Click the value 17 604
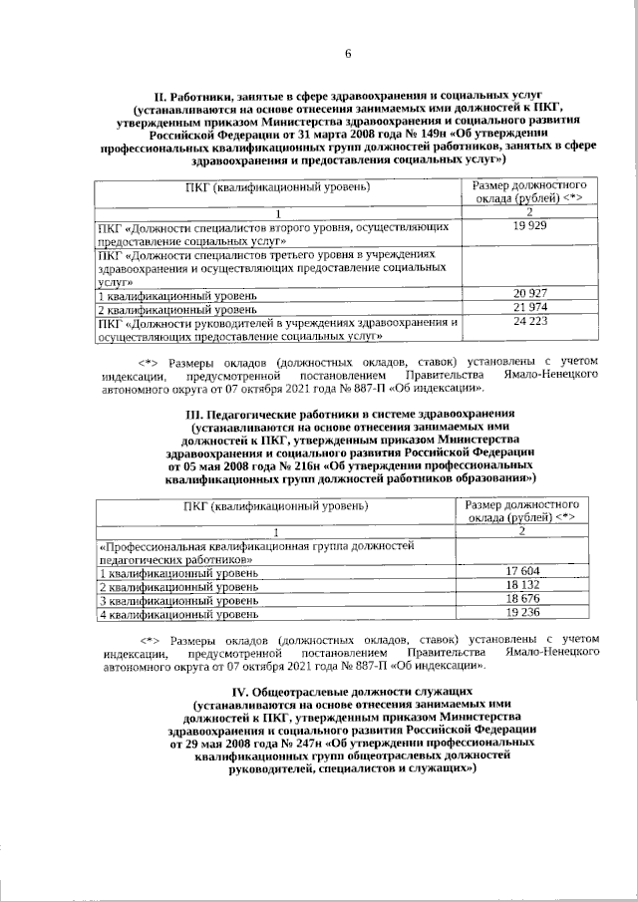point(523,569)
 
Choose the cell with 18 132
point(523,583)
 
